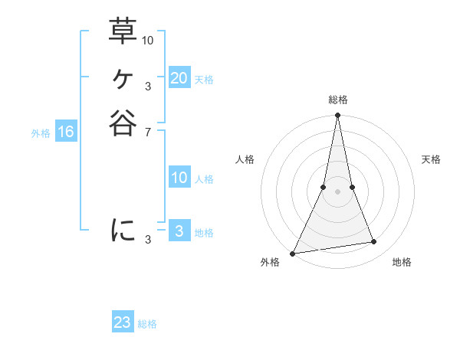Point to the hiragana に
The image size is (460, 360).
[x=123, y=230]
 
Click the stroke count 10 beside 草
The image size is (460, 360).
[x=148, y=39]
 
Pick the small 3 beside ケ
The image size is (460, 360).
[x=147, y=86]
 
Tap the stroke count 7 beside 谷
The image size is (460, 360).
[x=147, y=132]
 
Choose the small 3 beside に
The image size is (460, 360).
[x=147, y=240]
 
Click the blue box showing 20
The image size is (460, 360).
[x=179, y=78]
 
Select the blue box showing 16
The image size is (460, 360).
[x=66, y=132]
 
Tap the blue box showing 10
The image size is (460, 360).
[x=179, y=178]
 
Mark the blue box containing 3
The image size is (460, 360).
[x=179, y=231]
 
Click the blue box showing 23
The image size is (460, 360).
[x=123, y=322]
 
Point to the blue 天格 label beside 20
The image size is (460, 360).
[x=204, y=79]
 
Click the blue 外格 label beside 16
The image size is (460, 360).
[x=41, y=133]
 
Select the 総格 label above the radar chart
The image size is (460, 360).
[x=337, y=100]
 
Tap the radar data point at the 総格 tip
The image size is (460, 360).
[x=337, y=116]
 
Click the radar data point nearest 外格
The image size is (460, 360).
[x=293, y=253]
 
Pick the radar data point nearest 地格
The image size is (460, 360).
[x=374, y=242]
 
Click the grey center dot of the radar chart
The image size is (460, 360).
[x=337, y=191]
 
